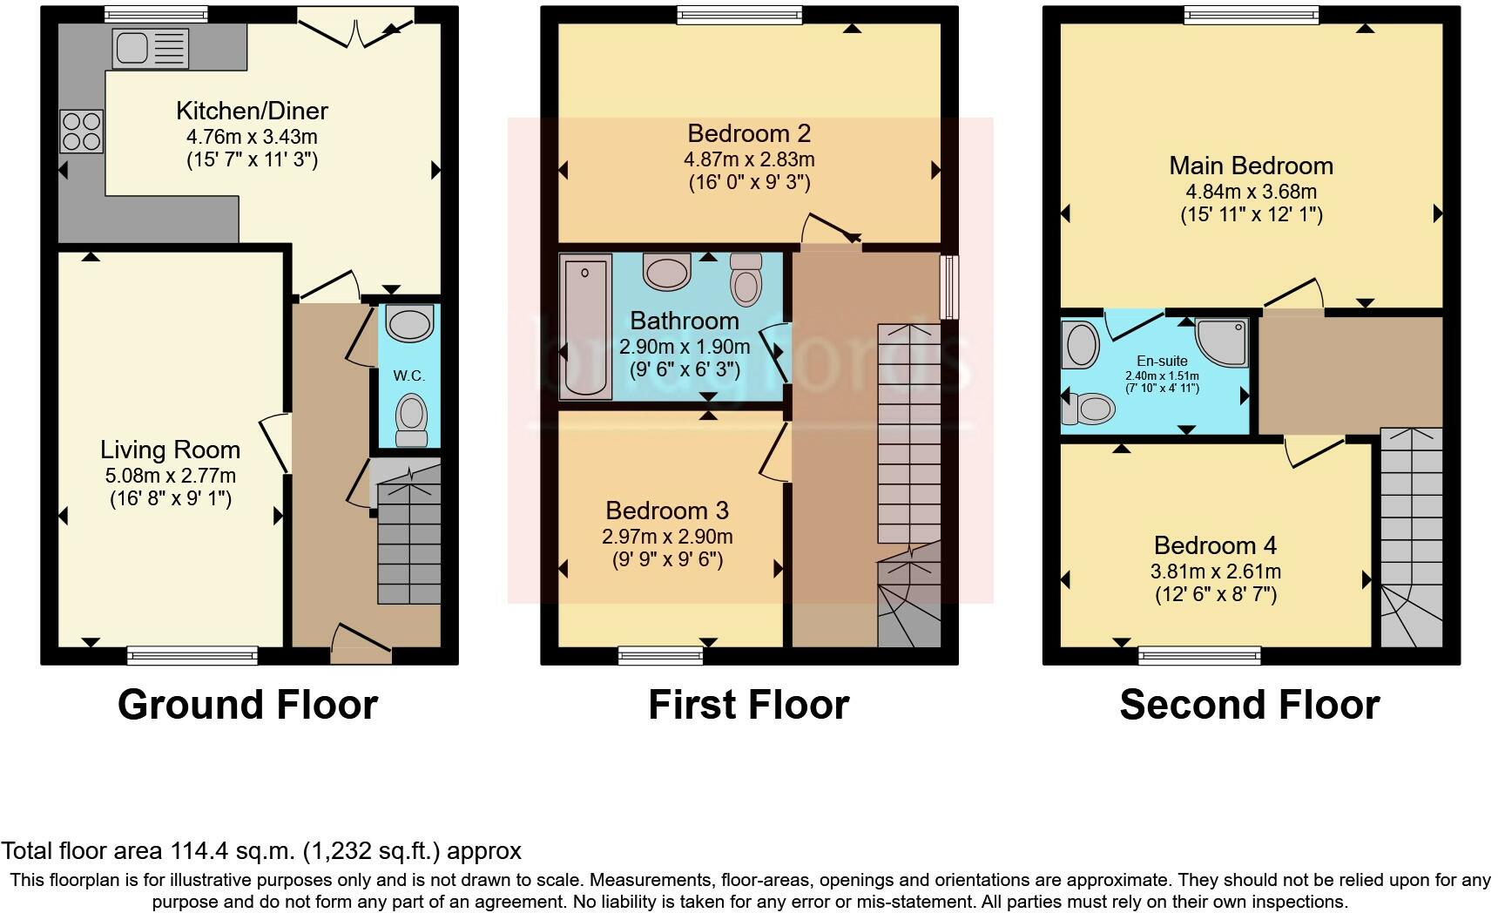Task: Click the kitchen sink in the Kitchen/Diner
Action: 150,49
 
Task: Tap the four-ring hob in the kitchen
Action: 81,132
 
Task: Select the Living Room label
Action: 170,450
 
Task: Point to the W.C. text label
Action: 408,375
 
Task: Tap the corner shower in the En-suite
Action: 1222,342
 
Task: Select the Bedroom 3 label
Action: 667,511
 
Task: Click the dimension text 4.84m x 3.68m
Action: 1251,191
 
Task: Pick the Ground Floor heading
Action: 248,705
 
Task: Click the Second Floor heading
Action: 1250,705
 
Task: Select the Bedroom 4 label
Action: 1215,545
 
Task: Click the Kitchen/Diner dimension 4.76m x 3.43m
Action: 252,137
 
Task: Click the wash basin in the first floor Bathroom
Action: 667,271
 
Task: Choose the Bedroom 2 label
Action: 749,133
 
